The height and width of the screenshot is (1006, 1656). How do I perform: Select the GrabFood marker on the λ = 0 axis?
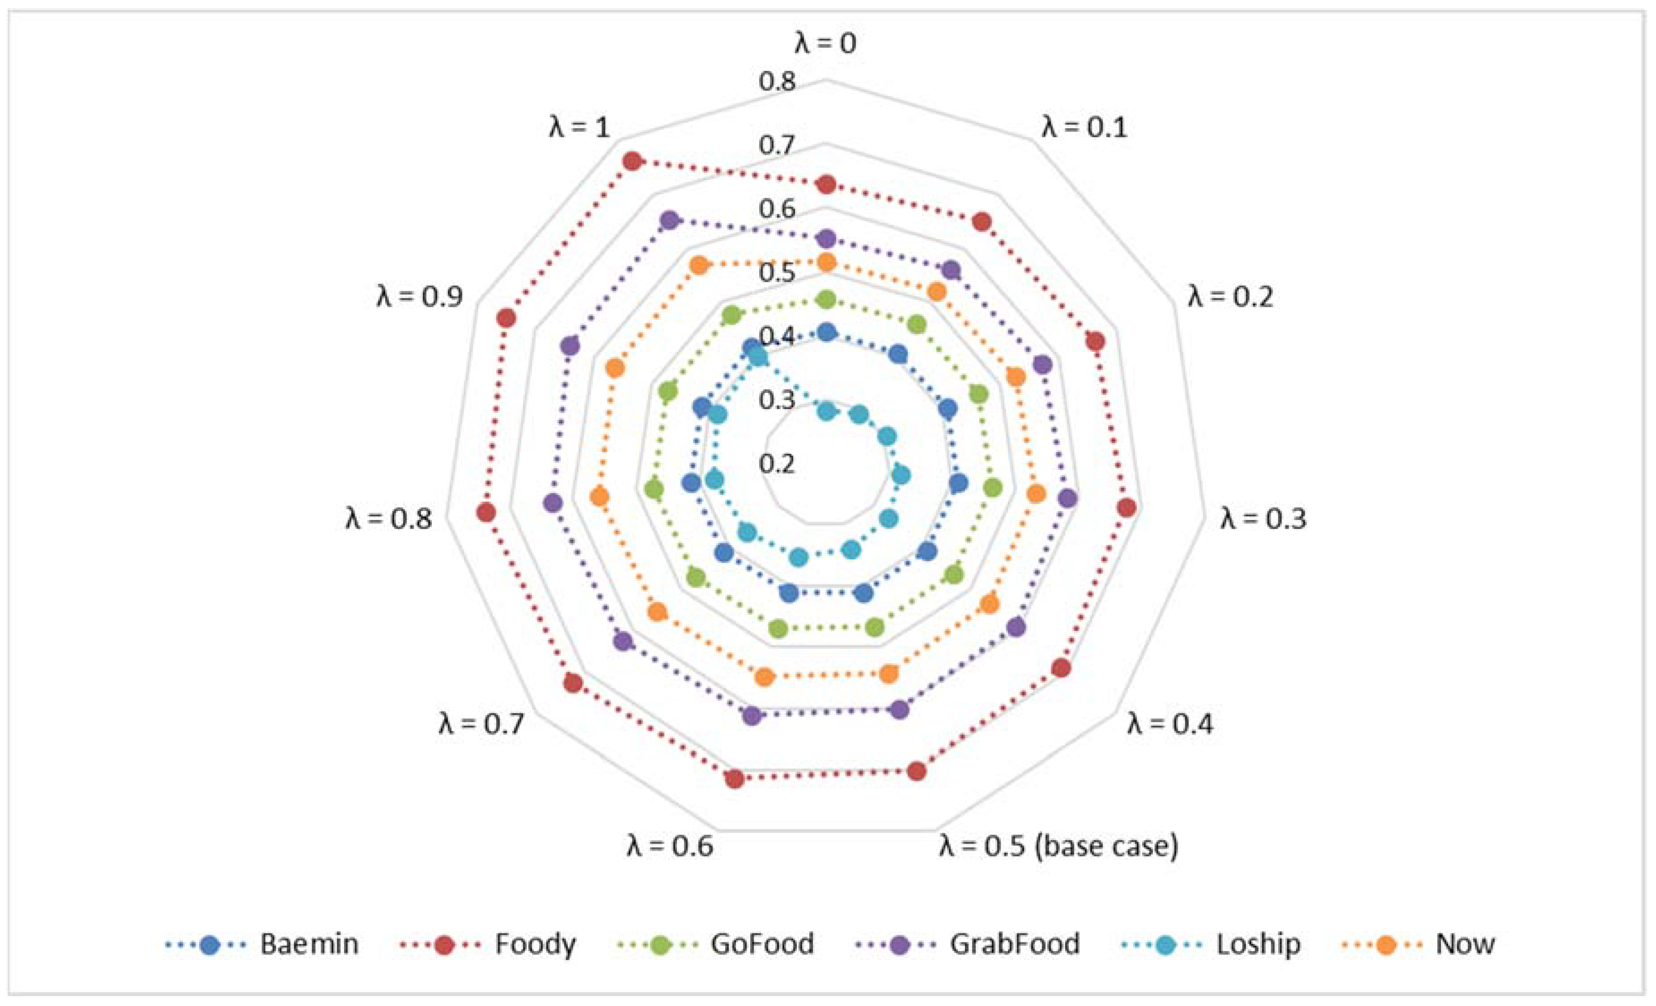(x=827, y=238)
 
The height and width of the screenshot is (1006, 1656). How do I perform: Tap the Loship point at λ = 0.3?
(x=901, y=475)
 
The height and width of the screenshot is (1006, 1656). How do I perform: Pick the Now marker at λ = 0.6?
(x=765, y=677)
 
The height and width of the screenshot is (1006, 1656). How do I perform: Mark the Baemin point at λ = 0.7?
(x=724, y=553)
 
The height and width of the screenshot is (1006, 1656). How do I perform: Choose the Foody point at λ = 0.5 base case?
(x=917, y=772)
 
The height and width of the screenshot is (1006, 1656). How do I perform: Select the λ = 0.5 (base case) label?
(x=1058, y=845)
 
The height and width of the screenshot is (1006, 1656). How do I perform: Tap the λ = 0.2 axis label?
(x=1230, y=297)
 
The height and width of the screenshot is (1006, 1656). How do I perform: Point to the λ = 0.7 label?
(x=481, y=724)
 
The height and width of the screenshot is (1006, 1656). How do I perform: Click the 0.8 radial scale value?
(x=777, y=81)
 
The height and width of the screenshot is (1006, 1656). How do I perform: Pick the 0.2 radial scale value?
(x=777, y=463)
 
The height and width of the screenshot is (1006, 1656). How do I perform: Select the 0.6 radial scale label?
(x=777, y=209)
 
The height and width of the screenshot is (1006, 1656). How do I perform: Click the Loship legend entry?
(x=1257, y=945)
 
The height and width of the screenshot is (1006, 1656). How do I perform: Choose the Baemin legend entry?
(x=309, y=945)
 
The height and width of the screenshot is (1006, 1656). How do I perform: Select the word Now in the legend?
(x=1465, y=945)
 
